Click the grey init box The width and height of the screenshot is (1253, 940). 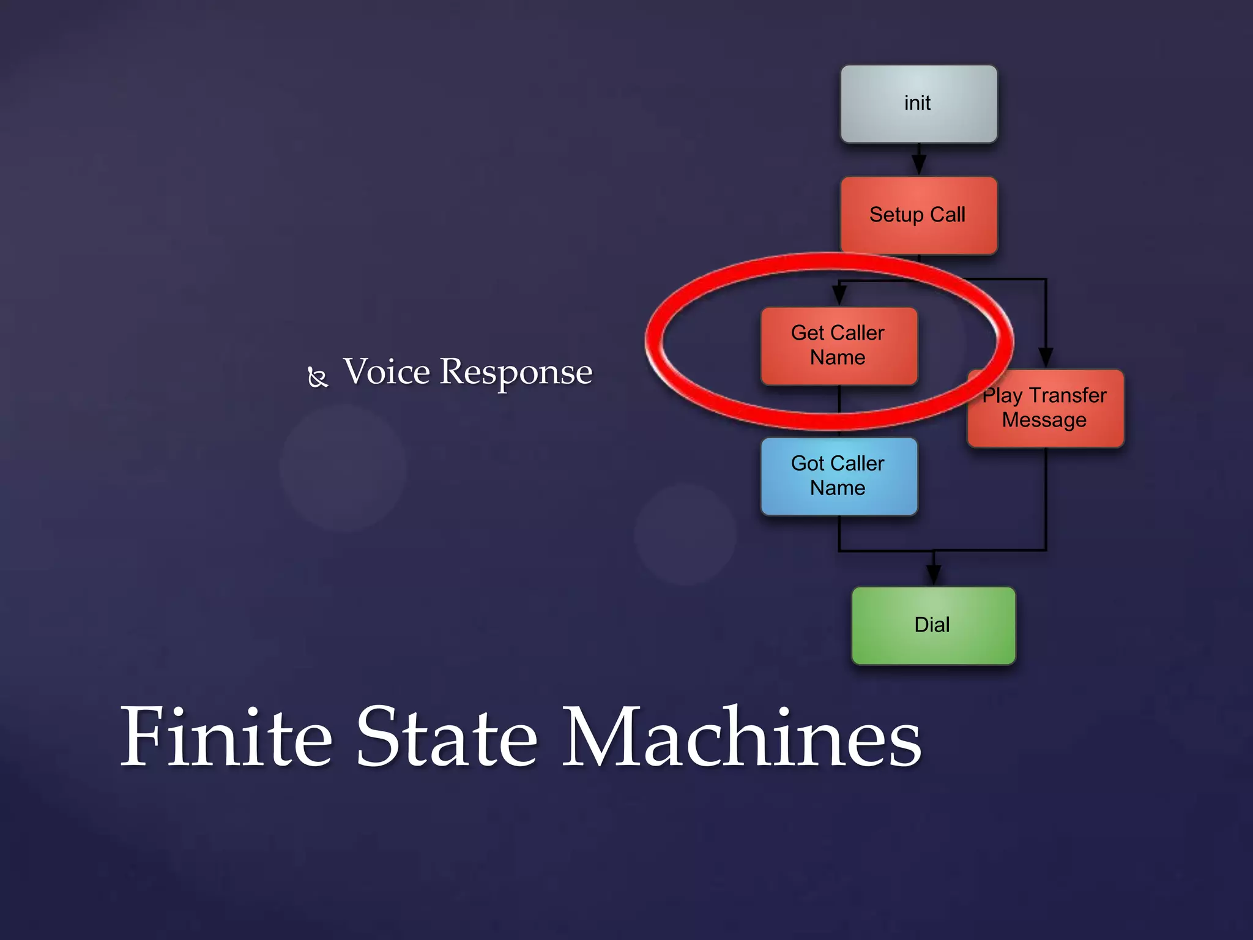[918, 104]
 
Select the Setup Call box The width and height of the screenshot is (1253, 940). [918, 215]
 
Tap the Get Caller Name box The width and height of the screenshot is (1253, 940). [839, 346]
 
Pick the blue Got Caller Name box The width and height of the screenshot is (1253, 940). [839, 476]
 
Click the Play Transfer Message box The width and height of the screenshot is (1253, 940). [1046, 409]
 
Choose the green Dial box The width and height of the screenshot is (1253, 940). [933, 625]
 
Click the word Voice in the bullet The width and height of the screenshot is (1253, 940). [387, 371]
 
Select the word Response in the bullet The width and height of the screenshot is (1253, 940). [516, 373]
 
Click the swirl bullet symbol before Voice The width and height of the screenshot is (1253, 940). [318, 377]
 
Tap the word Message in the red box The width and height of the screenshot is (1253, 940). [1044, 420]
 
